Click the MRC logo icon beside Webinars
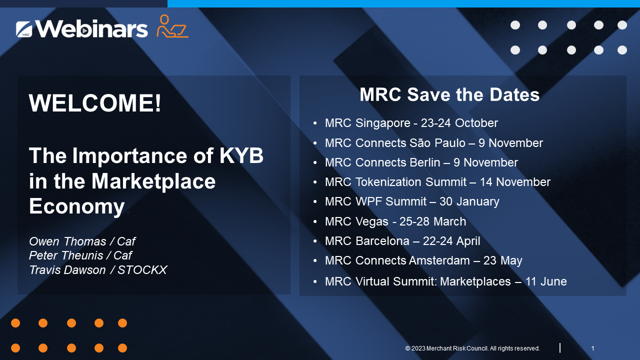(24, 29)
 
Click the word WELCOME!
(95, 103)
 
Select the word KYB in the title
(241, 155)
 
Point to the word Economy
(77, 206)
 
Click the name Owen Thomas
(67, 241)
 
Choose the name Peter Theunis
(66, 255)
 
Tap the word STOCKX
(142, 270)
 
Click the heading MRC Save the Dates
(449, 94)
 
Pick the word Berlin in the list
(425, 162)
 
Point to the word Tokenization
(388, 182)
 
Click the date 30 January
(469, 201)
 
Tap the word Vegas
(371, 221)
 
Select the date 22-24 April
(451, 241)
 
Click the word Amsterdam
(439, 260)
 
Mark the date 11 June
(546, 281)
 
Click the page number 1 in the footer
(592, 348)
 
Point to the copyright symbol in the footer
(407, 348)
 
